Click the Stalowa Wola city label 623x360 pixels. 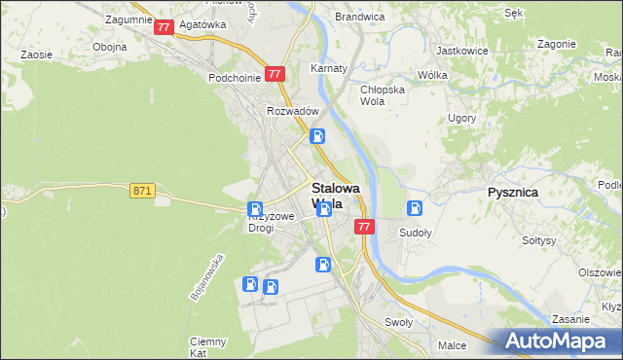click(335, 196)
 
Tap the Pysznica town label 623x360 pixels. click(512, 193)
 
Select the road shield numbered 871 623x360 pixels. click(142, 192)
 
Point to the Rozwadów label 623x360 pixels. click(294, 111)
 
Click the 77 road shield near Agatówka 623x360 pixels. click(164, 27)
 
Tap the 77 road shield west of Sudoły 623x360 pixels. click(364, 227)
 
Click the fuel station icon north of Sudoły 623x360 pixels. click(415, 207)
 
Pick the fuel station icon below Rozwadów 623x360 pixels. click(318, 137)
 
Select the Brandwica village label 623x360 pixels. click(359, 17)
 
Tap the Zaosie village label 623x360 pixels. click(36, 54)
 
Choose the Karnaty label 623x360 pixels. click(329, 69)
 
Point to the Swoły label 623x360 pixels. click(399, 322)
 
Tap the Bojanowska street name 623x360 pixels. click(208, 277)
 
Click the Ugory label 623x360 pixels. click(461, 118)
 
